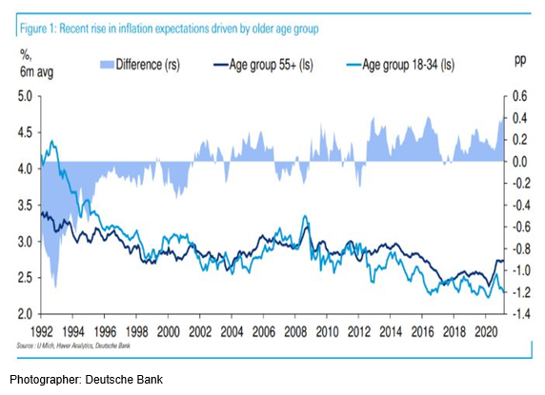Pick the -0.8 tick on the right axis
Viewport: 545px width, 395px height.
pyautogui.click(x=515, y=248)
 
